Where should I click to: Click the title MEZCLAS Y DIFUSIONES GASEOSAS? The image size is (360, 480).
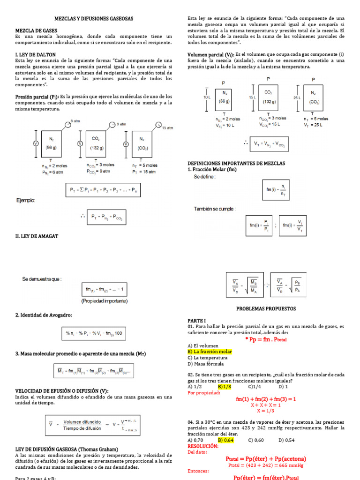pyautogui.click(x=98, y=18)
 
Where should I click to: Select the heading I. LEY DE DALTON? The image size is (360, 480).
pyautogui.click(x=35, y=54)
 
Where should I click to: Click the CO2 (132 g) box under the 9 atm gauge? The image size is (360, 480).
pyautogui.click(x=96, y=143)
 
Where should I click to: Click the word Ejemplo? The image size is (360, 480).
pyautogui.click(x=26, y=200)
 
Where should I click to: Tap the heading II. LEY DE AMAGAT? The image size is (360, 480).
pyautogui.click(x=37, y=236)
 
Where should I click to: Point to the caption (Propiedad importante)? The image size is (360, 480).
pyautogui.click(x=104, y=300)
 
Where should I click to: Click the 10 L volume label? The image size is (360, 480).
pyautogui.click(x=207, y=97)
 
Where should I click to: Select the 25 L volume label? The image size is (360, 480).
pyautogui.click(x=296, y=97)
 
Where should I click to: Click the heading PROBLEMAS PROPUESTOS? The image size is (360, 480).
pyautogui.click(x=266, y=309)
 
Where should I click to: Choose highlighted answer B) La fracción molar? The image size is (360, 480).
pyautogui.click(x=210, y=351)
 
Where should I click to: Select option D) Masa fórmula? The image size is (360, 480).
pyautogui.click(x=206, y=363)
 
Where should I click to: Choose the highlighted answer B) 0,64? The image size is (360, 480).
pyautogui.click(x=227, y=440)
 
